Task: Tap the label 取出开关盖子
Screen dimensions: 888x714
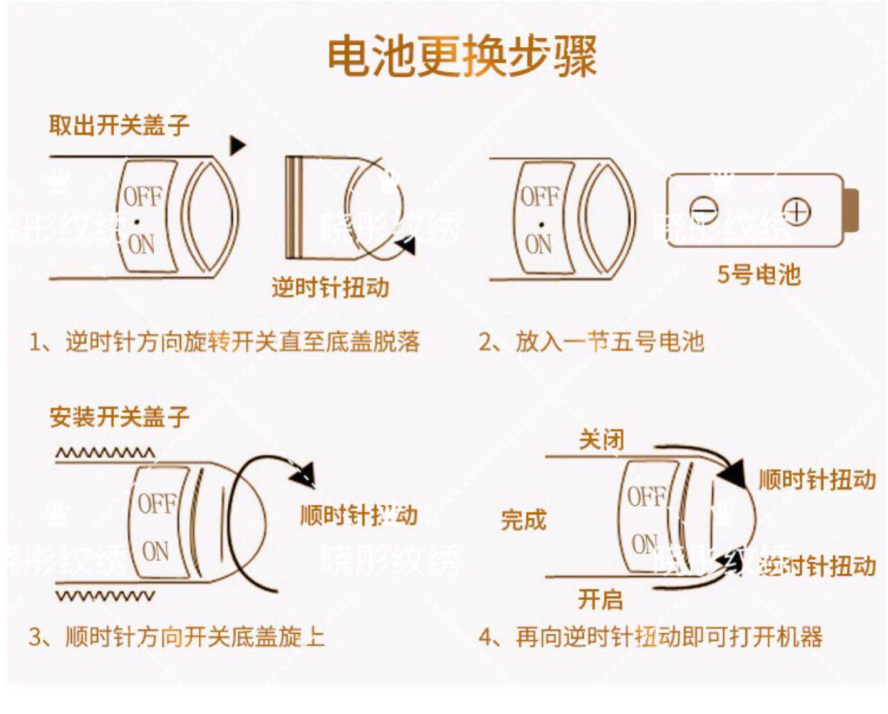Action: [x=119, y=126]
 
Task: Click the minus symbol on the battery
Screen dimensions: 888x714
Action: [x=704, y=210]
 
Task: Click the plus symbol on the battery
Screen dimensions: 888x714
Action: [x=796, y=211]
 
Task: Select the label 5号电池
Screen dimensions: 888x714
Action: [x=758, y=275]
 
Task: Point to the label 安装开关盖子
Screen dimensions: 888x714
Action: [x=119, y=417]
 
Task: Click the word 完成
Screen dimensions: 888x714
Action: [x=524, y=519]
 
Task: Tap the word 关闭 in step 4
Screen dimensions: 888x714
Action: [x=601, y=439]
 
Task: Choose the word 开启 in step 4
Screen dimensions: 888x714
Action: [x=600, y=599]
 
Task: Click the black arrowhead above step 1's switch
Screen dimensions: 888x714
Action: [x=237, y=145]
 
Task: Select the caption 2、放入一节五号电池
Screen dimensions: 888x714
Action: [x=591, y=341]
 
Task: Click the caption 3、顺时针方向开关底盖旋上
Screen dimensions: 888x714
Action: [x=176, y=636]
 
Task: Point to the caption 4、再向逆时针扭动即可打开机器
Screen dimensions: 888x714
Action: [x=651, y=636]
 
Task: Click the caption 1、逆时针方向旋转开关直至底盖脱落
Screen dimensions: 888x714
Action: [x=224, y=341]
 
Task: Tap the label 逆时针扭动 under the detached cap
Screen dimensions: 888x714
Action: [x=330, y=287]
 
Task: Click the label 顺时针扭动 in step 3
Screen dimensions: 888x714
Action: [x=359, y=515]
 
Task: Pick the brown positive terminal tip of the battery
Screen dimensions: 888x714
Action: [x=853, y=211]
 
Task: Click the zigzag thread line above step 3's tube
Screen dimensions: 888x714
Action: [x=105, y=454]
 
